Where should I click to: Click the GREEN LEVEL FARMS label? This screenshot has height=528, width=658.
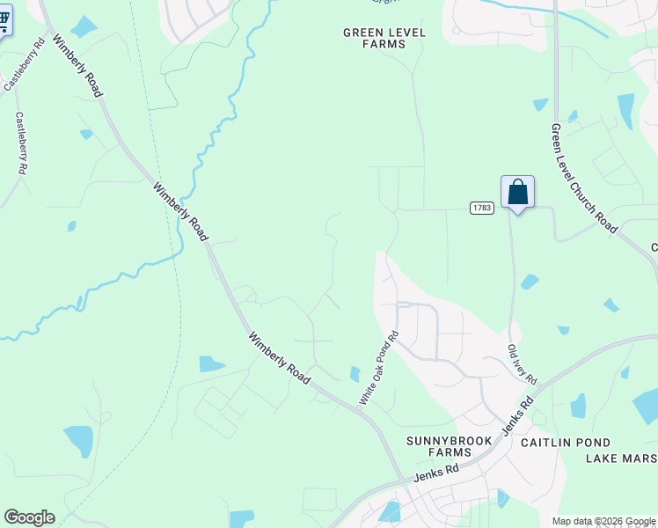tap(384, 37)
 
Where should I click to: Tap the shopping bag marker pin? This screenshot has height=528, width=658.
tap(517, 193)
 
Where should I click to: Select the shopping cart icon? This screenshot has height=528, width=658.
tap(4, 20)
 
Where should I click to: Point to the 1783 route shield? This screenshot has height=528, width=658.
tap(480, 207)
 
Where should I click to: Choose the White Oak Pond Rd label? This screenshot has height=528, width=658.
tap(379, 368)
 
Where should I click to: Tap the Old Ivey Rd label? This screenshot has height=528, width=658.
tap(522, 363)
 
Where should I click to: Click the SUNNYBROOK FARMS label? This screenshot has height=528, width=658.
tap(432, 445)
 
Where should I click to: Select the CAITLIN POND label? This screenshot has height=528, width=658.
tap(560, 442)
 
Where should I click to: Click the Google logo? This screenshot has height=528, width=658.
tap(29, 517)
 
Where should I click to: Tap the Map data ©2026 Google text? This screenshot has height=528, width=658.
tap(603, 521)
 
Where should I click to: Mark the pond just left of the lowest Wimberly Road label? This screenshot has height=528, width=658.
tap(212, 363)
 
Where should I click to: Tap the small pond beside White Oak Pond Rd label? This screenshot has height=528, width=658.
tap(355, 374)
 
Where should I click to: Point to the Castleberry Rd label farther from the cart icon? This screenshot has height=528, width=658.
tap(22, 143)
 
